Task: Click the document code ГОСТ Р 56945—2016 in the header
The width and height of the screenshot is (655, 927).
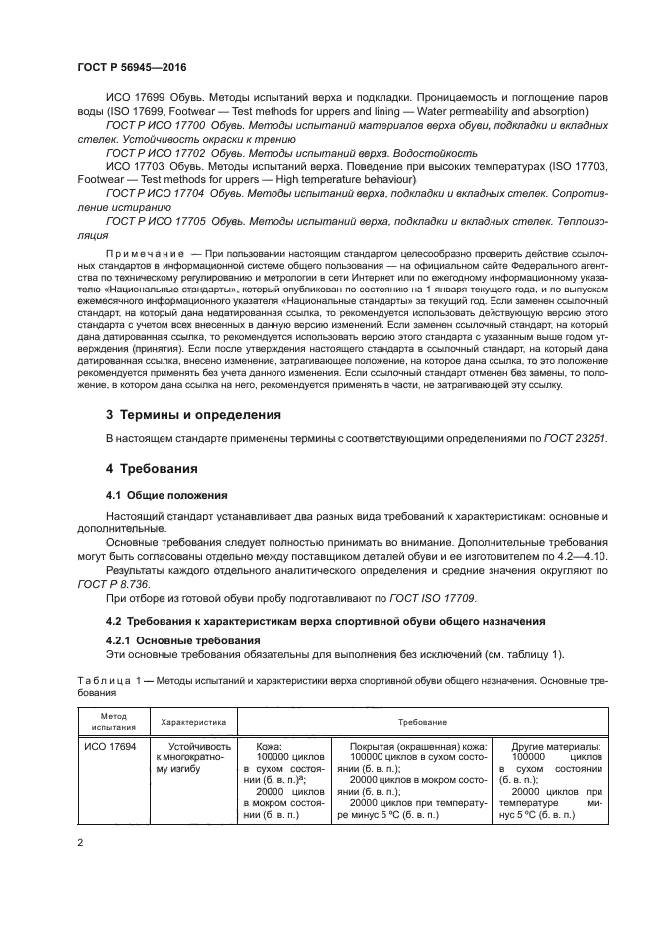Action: (x=132, y=67)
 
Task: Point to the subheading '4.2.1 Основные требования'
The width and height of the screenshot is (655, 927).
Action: (x=176, y=640)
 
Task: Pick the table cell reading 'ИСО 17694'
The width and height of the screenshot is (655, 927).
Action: (x=108, y=747)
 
